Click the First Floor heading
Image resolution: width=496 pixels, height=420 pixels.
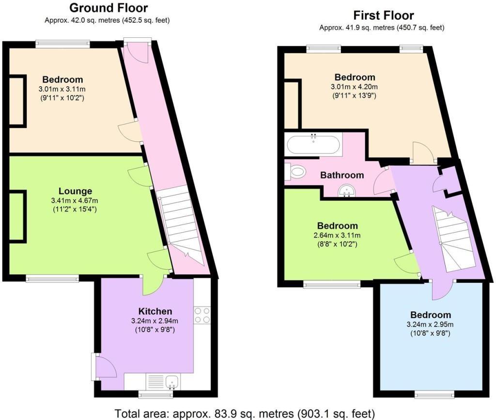pyautogui.click(x=383, y=15)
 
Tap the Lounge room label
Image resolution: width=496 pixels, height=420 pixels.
pyautogui.click(x=75, y=191)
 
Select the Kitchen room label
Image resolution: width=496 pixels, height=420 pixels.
pyautogui.click(x=155, y=311)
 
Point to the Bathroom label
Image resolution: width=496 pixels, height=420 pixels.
pyautogui.click(x=341, y=175)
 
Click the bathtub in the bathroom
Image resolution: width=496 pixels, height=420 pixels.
pyautogui.click(x=313, y=144)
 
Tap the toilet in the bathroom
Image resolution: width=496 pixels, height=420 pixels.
pyautogui.click(x=296, y=171)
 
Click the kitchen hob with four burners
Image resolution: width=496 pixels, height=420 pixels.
pyautogui.click(x=201, y=315)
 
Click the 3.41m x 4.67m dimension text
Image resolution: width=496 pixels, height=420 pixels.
pyautogui.click(x=75, y=201)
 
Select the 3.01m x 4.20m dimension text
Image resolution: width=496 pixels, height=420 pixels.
pyautogui.click(x=355, y=87)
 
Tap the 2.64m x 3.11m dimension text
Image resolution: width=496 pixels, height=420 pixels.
pyautogui.click(x=338, y=235)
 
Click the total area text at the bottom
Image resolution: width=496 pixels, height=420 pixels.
pyautogui.click(x=245, y=414)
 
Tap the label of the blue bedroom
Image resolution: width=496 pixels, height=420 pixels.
pyautogui.click(x=431, y=315)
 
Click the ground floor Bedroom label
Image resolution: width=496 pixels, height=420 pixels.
pyautogui.click(x=62, y=80)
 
